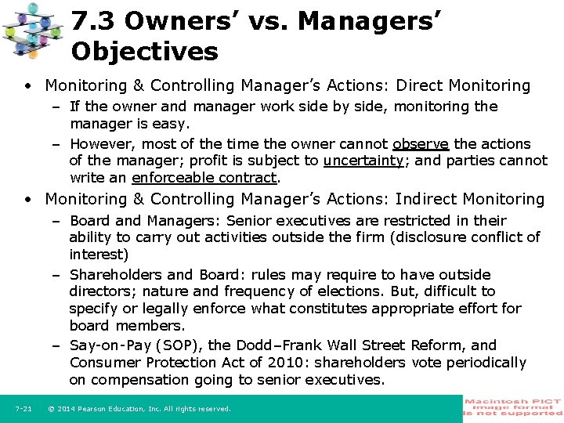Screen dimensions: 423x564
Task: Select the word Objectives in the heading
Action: point(144,52)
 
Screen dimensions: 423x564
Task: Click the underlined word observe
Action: point(421,144)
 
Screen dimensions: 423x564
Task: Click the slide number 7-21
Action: point(23,409)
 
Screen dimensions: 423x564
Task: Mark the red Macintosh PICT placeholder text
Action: point(513,406)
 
